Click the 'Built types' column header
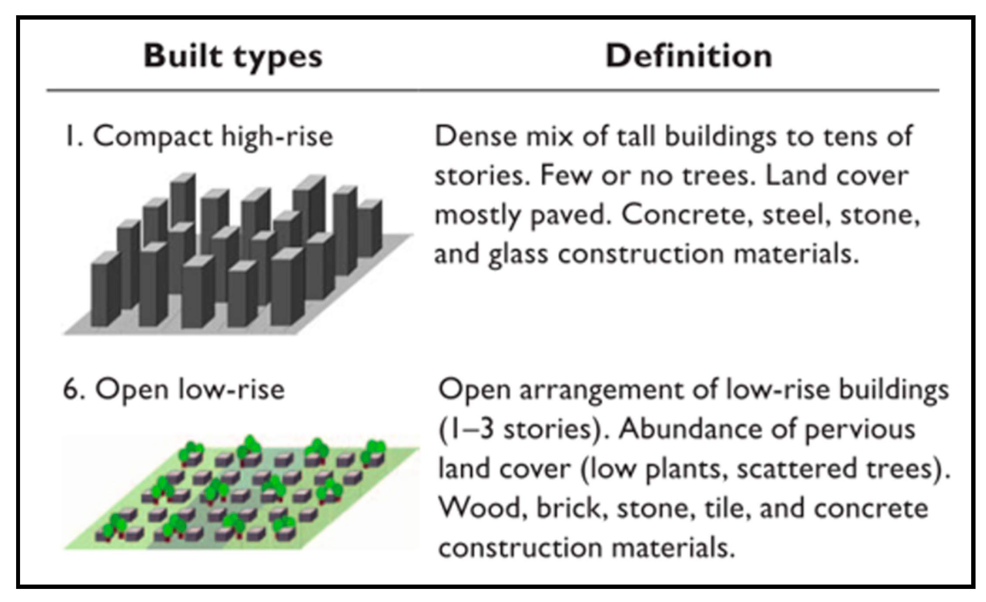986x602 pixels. point(233,57)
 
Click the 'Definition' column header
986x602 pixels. point(689,56)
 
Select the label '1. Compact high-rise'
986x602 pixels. point(199,136)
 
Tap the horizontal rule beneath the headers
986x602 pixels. point(492,90)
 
